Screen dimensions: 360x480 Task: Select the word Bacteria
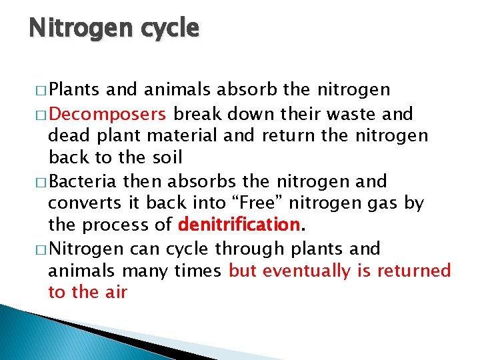[83, 181]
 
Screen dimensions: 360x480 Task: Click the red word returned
[413, 271]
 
